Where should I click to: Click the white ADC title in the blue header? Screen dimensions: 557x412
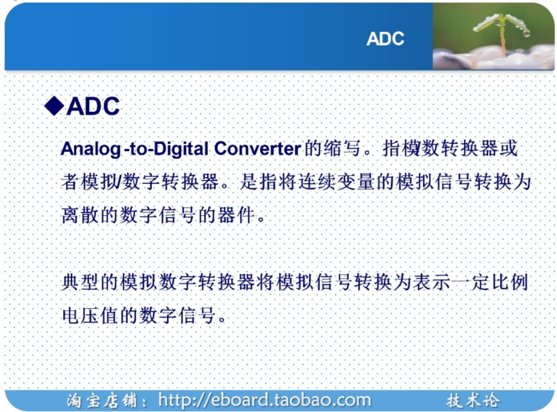coord(385,39)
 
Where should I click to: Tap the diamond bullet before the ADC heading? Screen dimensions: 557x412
coord(54,106)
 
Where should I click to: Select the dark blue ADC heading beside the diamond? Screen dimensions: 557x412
coord(93,106)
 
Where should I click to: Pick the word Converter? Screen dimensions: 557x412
coord(258,148)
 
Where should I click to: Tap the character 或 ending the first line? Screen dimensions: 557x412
coord(509,148)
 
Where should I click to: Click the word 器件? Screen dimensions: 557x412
coord(237,214)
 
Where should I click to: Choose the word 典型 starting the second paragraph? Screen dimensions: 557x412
coord(80,282)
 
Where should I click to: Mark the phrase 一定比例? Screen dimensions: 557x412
coord(489,282)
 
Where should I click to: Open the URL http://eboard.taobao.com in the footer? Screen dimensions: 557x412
coord(264,400)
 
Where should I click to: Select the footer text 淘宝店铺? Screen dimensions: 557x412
coord(101,401)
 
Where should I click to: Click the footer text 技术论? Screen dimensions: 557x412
coord(473,401)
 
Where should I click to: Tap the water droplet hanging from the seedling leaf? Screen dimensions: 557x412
coord(526,33)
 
